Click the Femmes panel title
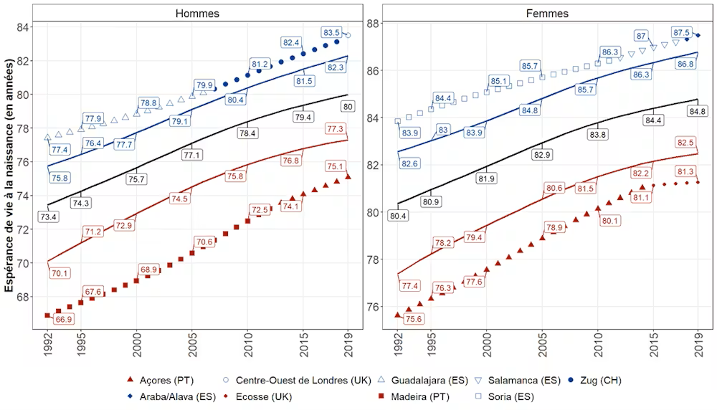[547, 13]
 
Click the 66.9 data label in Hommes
[64, 320]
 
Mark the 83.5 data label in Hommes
[331, 33]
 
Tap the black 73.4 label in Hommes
[48, 216]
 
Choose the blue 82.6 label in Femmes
[409, 164]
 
